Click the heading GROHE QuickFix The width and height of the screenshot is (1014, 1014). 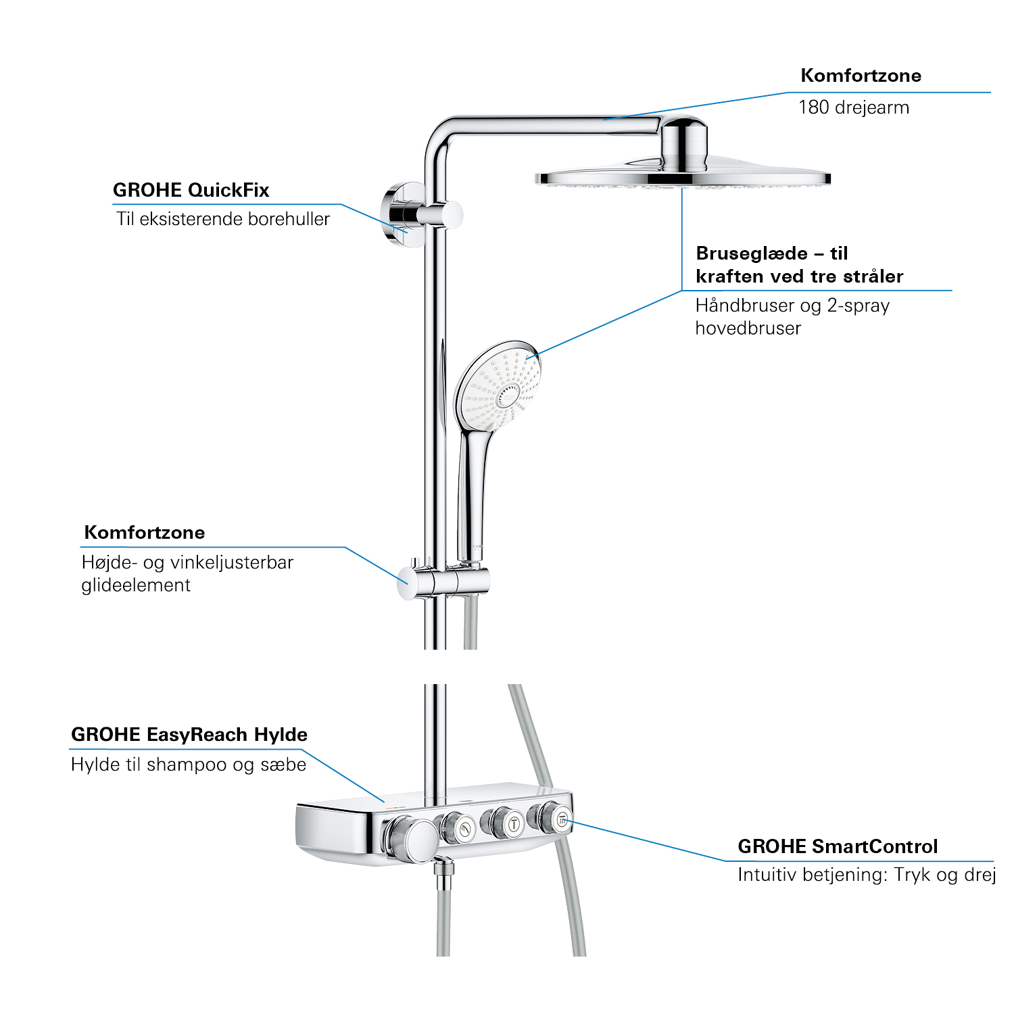click(191, 191)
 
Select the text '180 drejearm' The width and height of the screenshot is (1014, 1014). click(854, 107)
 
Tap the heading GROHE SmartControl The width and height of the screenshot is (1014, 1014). click(838, 846)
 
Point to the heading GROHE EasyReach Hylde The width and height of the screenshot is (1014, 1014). click(189, 735)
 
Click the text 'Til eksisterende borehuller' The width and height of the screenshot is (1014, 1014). click(223, 219)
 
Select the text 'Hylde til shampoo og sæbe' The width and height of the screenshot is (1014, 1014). click(189, 765)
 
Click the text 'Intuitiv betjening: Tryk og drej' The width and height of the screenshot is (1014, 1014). click(867, 875)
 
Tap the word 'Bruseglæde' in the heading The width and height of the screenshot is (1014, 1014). click(752, 254)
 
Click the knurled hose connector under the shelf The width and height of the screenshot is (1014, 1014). click(443, 875)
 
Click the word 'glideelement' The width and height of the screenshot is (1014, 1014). click(136, 585)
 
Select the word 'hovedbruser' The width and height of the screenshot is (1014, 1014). click(748, 329)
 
